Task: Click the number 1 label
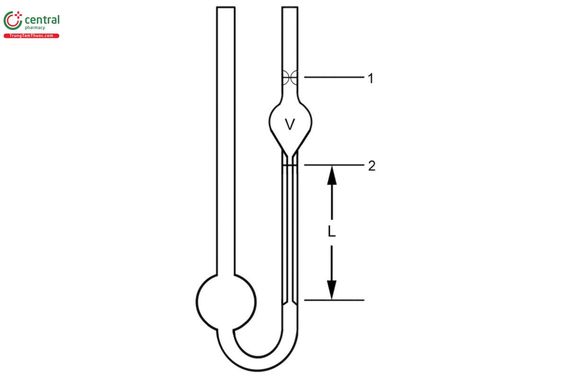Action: [x=371, y=78]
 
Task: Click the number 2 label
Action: [x=372, y=166]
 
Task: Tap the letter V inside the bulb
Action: [x=290, y=125]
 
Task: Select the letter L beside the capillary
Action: [x=332, y=232]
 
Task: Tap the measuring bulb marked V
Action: [x=290, y=124]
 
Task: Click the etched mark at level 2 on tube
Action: [x=290, y=165]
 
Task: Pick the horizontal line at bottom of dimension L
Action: [x=334, y=300]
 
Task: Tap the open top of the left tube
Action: [x=225, y=8]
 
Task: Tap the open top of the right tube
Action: [x=290, y=8]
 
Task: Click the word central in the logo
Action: [x=42, y=20]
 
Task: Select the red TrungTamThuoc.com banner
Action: [x=31, y=36]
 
